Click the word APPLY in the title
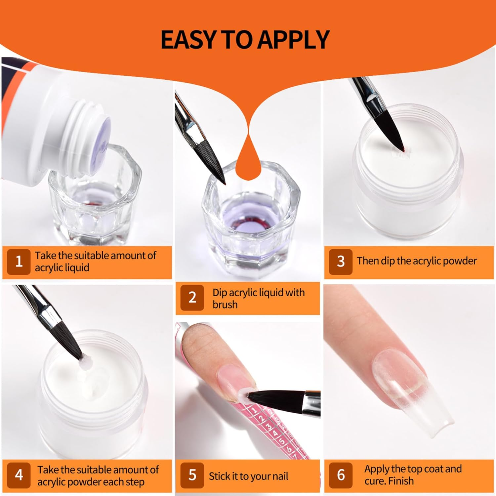(x=293, y=40)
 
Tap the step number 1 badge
(x=19, y=262)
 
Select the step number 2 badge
(x=192, y=297)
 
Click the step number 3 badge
(x=341, y=261)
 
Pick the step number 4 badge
(x=19, y=475)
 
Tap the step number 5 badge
(x=192, y=475)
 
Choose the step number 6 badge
(x=341, y=475)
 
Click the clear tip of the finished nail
(x=440, y=417)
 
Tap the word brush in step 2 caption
(x=225, y=304)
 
